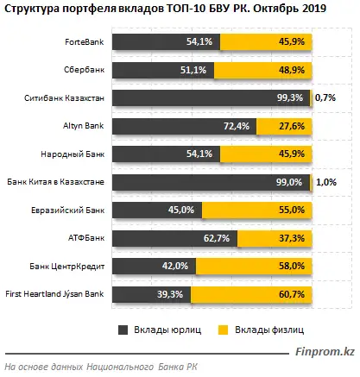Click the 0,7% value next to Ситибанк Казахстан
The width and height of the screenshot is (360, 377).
coord(325,99)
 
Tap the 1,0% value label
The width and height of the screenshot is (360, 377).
coord(325,183)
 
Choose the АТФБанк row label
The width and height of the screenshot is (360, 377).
coord(89,239)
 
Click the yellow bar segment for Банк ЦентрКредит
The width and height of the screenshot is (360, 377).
coord(255,267)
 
